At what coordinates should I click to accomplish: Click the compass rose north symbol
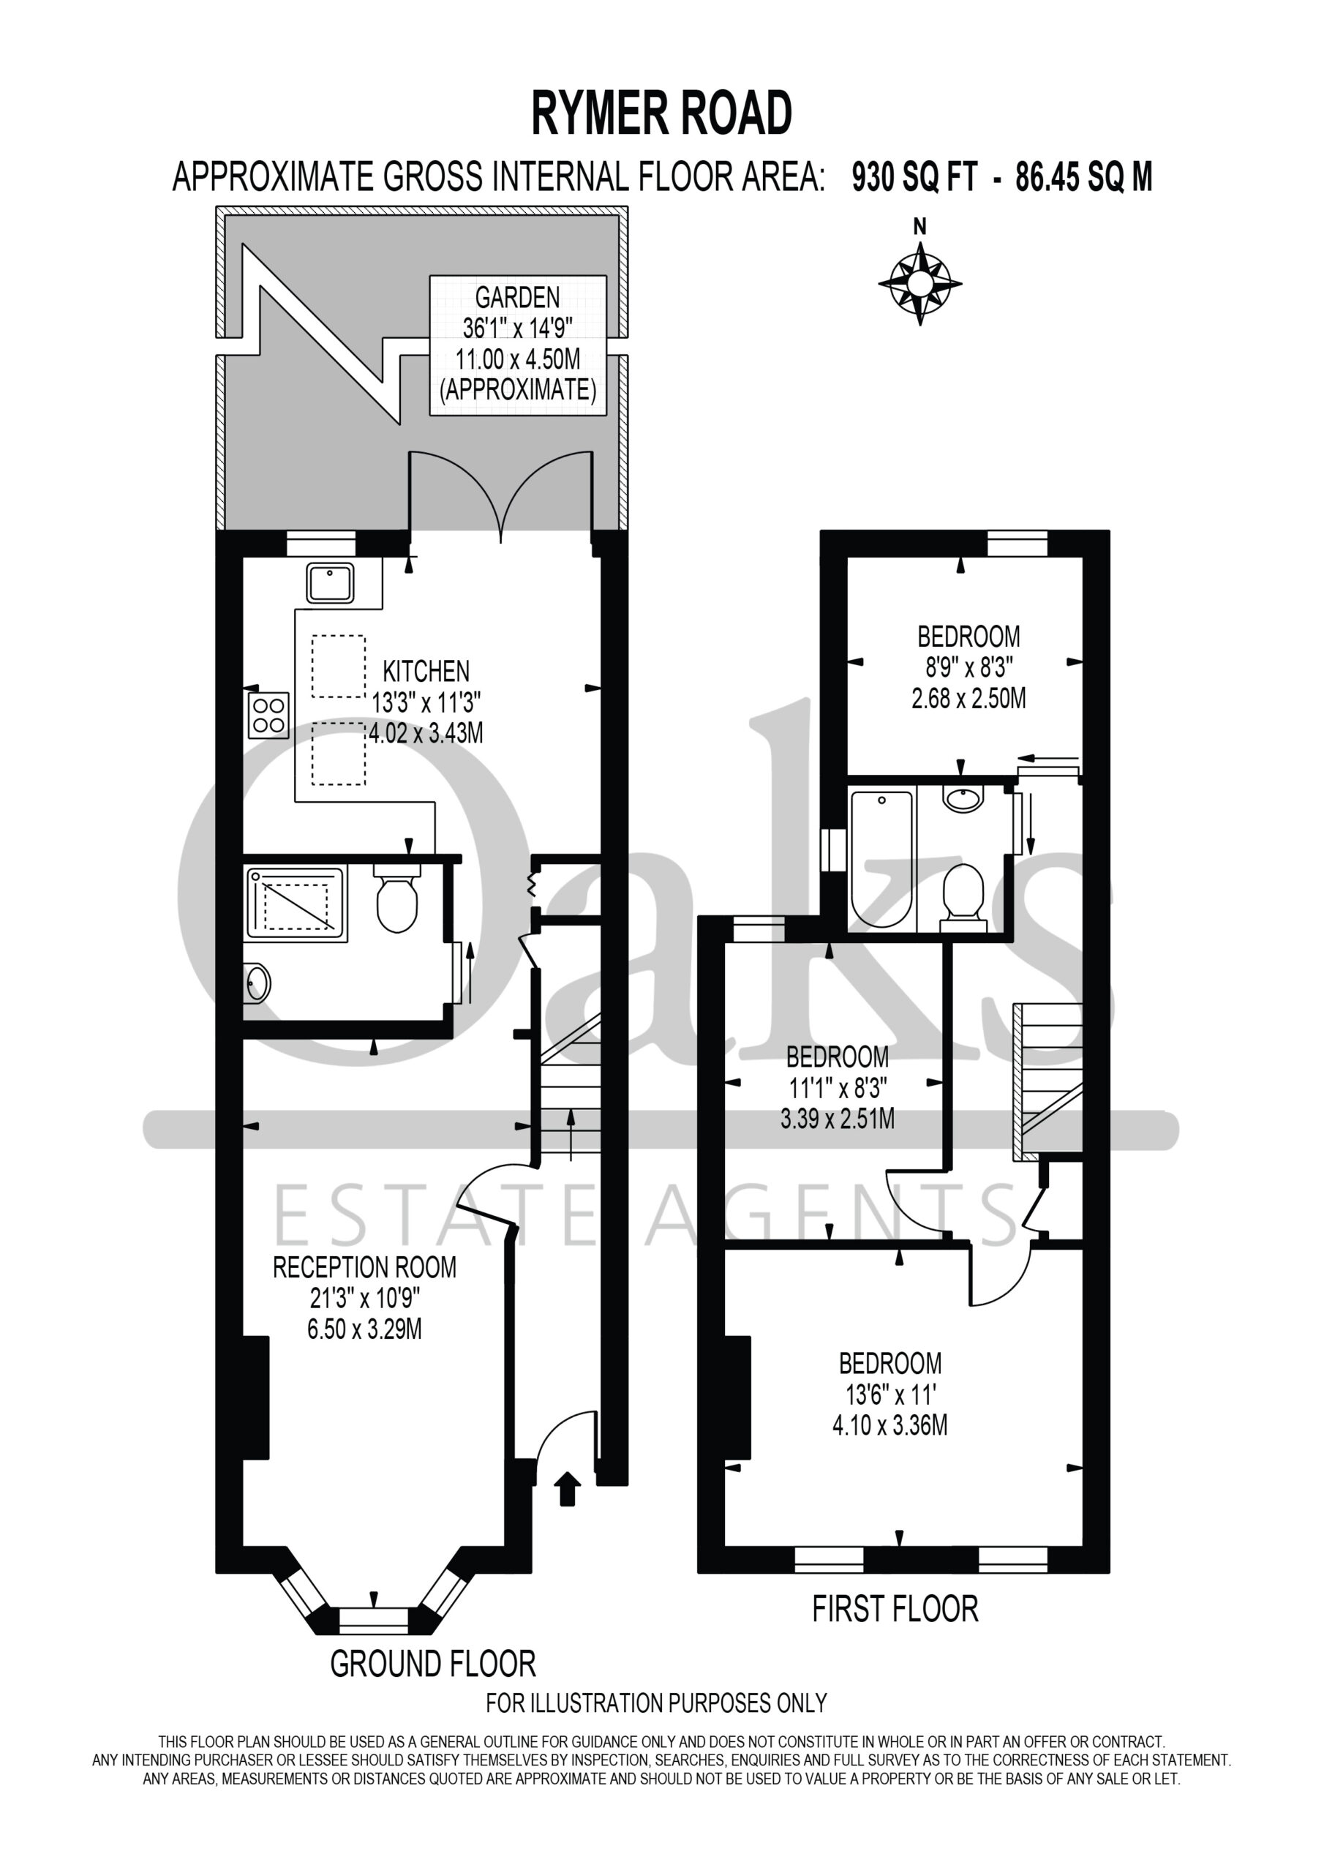tap(919, 283)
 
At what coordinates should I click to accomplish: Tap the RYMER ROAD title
tap(661, 113)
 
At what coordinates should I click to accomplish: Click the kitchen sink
tap(330, 583)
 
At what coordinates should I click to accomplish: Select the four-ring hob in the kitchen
tap(268, 716)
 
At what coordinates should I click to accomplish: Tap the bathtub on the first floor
tap(882, 858)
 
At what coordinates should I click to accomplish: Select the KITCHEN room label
tap(426, 672)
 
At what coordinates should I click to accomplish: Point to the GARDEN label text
tap(517, 297)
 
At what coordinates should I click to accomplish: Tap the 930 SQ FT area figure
tap(914, 177)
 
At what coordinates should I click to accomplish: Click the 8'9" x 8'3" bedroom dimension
tap(968, 667)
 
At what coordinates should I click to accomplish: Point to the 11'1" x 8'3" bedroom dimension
tap(837, 1087)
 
